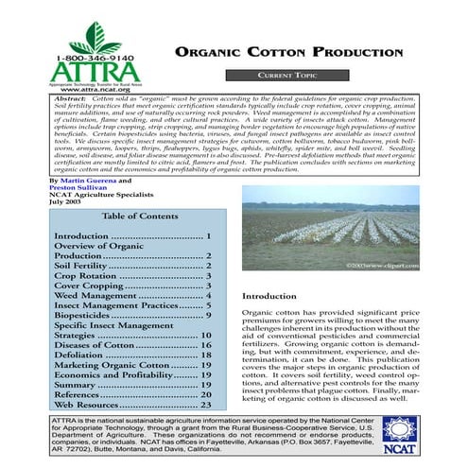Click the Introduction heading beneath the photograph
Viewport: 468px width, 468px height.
tap(270, 295)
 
